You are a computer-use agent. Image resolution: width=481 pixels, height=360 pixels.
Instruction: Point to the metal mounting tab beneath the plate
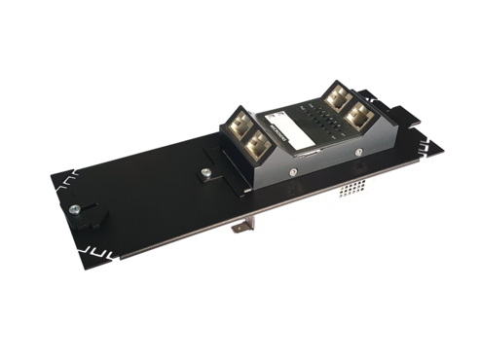(240, 227)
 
